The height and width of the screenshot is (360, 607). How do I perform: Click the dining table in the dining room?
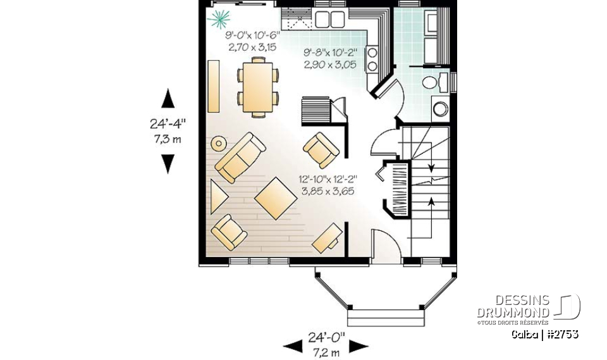click(258, 87)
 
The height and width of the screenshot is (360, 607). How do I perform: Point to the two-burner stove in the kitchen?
click(373, 59)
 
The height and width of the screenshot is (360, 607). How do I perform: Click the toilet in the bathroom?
click(432, 84)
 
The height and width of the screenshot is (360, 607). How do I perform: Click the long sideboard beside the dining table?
click(213, 86)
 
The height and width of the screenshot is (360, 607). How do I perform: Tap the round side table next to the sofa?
click(219, 143)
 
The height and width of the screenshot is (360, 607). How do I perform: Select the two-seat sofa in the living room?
click(240, 157)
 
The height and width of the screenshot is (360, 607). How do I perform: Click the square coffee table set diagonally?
click(276, 198)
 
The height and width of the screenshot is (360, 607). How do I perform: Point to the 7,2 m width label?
click(326, 351)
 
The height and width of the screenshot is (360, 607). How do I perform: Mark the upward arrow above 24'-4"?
click(168, 100)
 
